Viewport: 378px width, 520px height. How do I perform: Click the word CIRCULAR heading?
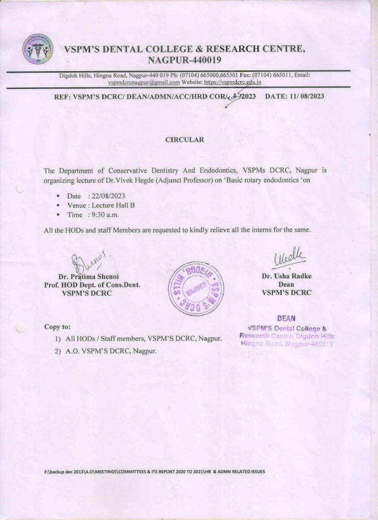point(185,139)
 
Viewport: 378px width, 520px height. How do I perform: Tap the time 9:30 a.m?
point(105,215)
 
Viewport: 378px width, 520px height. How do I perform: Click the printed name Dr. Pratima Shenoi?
point(85,277)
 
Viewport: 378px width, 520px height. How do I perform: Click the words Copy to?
point(57,327)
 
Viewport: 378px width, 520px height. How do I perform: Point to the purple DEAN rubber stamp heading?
point(287,318)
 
